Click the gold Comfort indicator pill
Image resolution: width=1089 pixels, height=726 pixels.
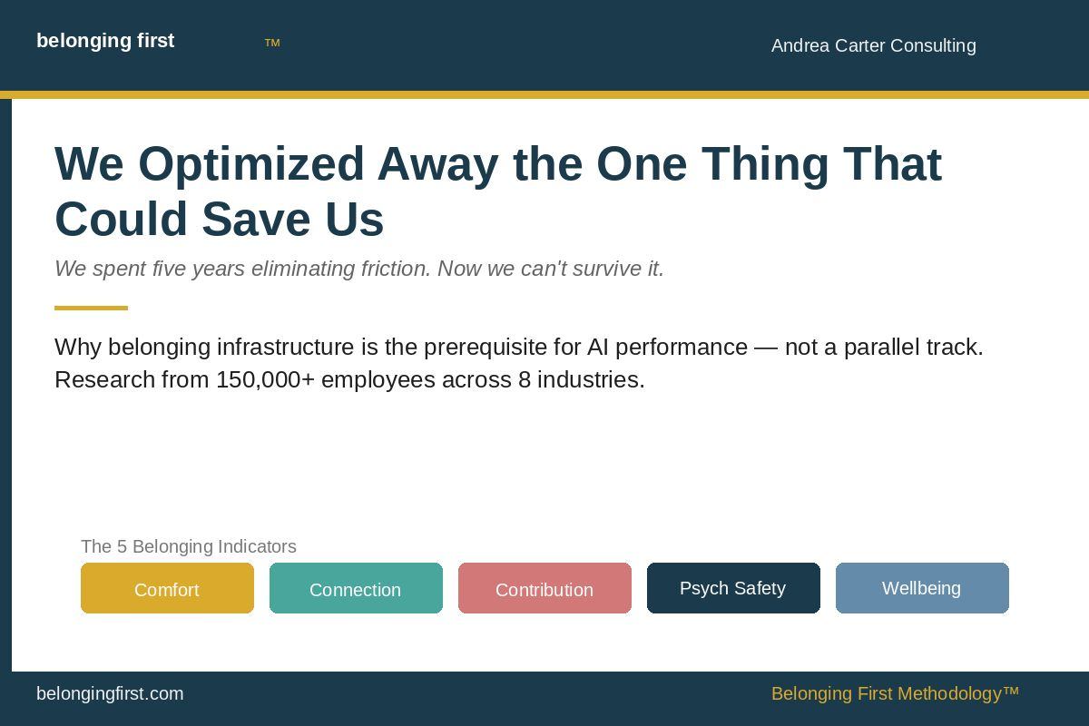(167, 588)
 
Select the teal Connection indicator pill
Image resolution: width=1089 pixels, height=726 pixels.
(356, 588)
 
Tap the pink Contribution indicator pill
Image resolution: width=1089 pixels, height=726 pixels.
(544, 588)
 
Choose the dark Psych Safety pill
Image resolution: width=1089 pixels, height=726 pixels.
(733, 588)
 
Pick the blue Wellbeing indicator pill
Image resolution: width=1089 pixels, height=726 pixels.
(922, 588)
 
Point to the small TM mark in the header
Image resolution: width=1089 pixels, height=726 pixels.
(272, 43)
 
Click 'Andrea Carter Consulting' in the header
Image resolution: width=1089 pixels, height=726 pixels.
(874, 45)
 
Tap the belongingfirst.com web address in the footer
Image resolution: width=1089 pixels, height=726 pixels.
(110, 694)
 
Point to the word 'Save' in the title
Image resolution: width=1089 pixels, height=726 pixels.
(256, 220)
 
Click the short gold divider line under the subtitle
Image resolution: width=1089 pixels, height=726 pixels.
(91, 308)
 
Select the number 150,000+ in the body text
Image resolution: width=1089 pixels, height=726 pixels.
(265, 379)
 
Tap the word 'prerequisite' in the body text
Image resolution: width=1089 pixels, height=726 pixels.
(502, 348)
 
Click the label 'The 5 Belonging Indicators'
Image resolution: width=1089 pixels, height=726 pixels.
(189, 546)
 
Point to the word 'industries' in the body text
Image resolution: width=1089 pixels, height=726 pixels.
(591, 379)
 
